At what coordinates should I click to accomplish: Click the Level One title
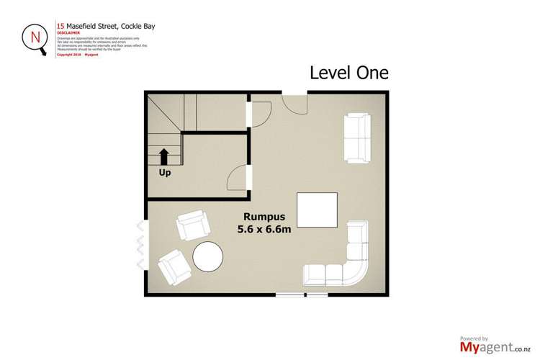(348, 73)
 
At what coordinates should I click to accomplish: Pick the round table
(209, 257)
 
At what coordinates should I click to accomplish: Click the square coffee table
(316, 211)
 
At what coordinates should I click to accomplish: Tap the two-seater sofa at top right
(356, 137)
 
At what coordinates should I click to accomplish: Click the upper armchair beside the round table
(192, 227)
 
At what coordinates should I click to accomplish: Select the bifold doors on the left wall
(140, 246)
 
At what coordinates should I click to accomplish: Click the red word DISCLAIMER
(68, 32)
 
